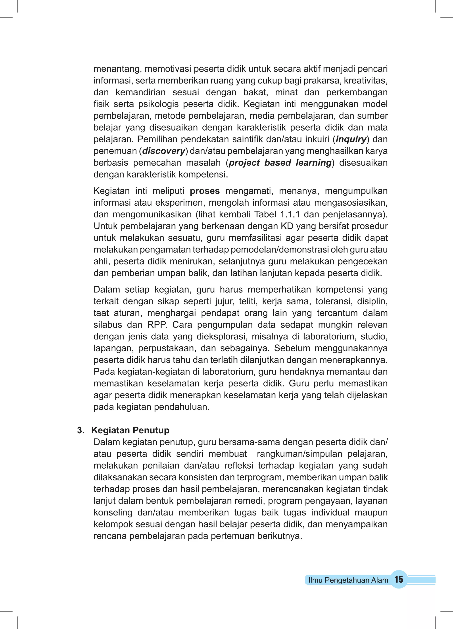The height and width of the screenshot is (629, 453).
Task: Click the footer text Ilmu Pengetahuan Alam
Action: [x=348, y=580]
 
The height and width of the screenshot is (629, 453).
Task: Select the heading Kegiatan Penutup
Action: [x=130, y=430]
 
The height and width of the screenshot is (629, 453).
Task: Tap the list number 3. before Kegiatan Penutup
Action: [x=81, y=430]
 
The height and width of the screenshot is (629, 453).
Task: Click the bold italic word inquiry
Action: [x=351, y=139]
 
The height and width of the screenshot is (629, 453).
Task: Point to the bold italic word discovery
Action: [x=163, y=151]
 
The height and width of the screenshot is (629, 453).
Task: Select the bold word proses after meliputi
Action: [x=205, y=191]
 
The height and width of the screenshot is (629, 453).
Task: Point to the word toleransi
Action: [x=334, y=301]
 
